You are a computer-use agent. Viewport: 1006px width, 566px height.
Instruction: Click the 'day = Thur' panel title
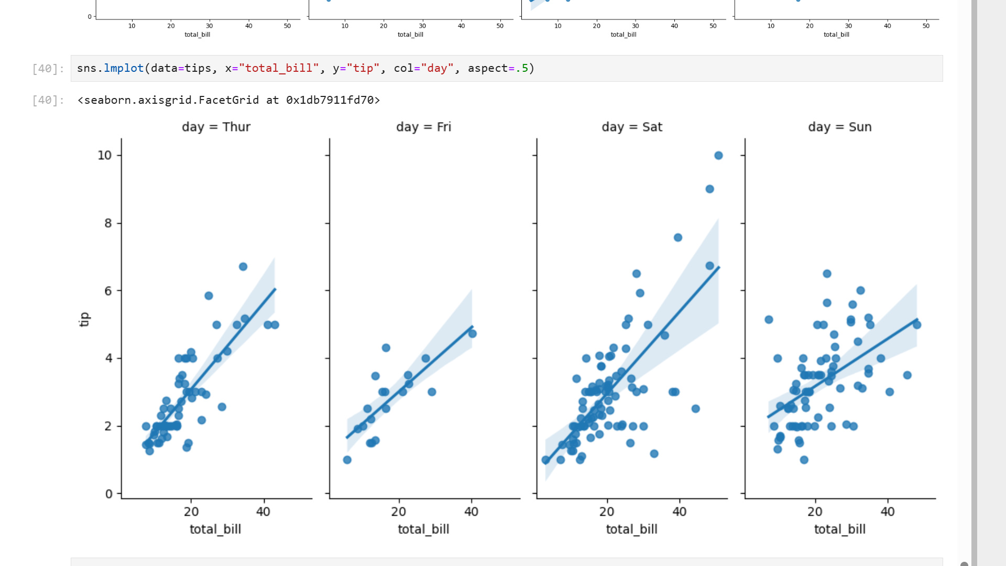tap(216, 127)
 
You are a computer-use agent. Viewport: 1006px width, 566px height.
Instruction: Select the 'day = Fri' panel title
tap(423, 127)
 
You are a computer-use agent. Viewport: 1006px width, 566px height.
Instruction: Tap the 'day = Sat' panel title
tap(632, 127)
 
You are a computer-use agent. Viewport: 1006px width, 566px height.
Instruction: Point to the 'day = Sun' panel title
tap(839, 127)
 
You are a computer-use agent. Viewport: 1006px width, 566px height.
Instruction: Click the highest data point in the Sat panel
tap(718, 156)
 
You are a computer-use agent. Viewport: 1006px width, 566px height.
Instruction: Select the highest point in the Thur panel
tap(243, 267)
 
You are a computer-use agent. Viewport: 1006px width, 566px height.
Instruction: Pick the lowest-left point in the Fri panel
tap(347, 460)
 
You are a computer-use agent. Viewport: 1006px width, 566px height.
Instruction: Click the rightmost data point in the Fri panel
tap(472, 334)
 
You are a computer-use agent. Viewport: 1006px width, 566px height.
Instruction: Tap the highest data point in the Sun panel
tap(827, 274)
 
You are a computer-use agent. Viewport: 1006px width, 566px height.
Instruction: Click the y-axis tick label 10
tap(105, 155)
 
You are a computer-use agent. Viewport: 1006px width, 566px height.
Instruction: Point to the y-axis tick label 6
tap(108, 291)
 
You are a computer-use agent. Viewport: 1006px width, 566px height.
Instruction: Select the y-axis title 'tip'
tap(84, 319)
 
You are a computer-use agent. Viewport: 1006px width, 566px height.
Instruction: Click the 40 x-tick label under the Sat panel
tap(679, 511)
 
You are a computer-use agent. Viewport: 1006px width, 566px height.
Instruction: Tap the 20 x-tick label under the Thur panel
tap(191, 511)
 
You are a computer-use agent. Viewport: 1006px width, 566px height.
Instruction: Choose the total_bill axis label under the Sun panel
tap(839, 529)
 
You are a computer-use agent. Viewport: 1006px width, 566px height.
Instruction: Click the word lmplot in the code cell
tap(124, 68)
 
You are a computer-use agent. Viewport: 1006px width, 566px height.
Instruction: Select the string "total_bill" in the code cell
tap(279, 68)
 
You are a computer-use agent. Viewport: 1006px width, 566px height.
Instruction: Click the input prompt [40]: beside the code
tap(48, 69)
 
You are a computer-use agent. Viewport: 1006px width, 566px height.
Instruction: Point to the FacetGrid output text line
tap(228, 100)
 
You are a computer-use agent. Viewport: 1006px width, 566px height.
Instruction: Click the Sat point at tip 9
tap(709, 189)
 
